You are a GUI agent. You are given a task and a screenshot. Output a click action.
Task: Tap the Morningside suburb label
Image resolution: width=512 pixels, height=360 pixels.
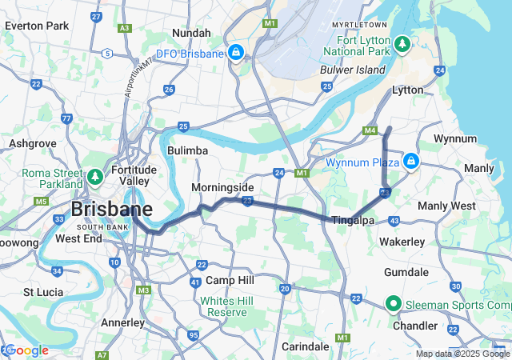pos(222,187)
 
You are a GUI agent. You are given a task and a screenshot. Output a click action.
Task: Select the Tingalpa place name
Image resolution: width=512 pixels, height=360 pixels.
pos(353,220)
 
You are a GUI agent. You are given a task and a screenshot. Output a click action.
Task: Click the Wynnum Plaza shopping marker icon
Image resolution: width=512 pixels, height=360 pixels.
pos(410,162)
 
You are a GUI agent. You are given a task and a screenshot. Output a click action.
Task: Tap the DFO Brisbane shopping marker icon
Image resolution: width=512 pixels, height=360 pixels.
pos(235,54)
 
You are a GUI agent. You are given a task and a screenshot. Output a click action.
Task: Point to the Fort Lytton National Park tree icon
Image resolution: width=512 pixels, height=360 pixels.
pos(403,42)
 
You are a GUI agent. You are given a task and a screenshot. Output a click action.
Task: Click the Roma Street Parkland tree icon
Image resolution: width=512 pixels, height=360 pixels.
pos(94,175)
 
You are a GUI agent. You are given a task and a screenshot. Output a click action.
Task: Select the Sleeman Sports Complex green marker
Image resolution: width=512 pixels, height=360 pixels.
pos(394,304)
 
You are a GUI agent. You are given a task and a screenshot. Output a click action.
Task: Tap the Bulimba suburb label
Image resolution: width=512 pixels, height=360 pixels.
pos(187,150)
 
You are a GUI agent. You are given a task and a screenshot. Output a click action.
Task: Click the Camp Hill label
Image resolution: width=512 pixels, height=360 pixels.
pos(230,280)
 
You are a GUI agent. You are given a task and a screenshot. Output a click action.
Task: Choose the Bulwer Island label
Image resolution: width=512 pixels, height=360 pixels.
pos(353,70)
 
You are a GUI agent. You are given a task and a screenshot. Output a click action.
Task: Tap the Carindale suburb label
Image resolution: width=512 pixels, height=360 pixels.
pos(305,346)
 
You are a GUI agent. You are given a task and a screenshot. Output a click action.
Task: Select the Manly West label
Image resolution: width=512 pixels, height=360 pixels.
pos(446,206)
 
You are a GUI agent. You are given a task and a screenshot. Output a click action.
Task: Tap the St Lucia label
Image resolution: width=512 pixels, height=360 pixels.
pos(43,293)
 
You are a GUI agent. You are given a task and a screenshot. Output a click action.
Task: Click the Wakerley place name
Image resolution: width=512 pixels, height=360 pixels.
pos(402,241)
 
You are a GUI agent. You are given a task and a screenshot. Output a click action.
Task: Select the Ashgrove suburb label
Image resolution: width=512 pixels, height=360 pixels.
pos(32,143)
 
